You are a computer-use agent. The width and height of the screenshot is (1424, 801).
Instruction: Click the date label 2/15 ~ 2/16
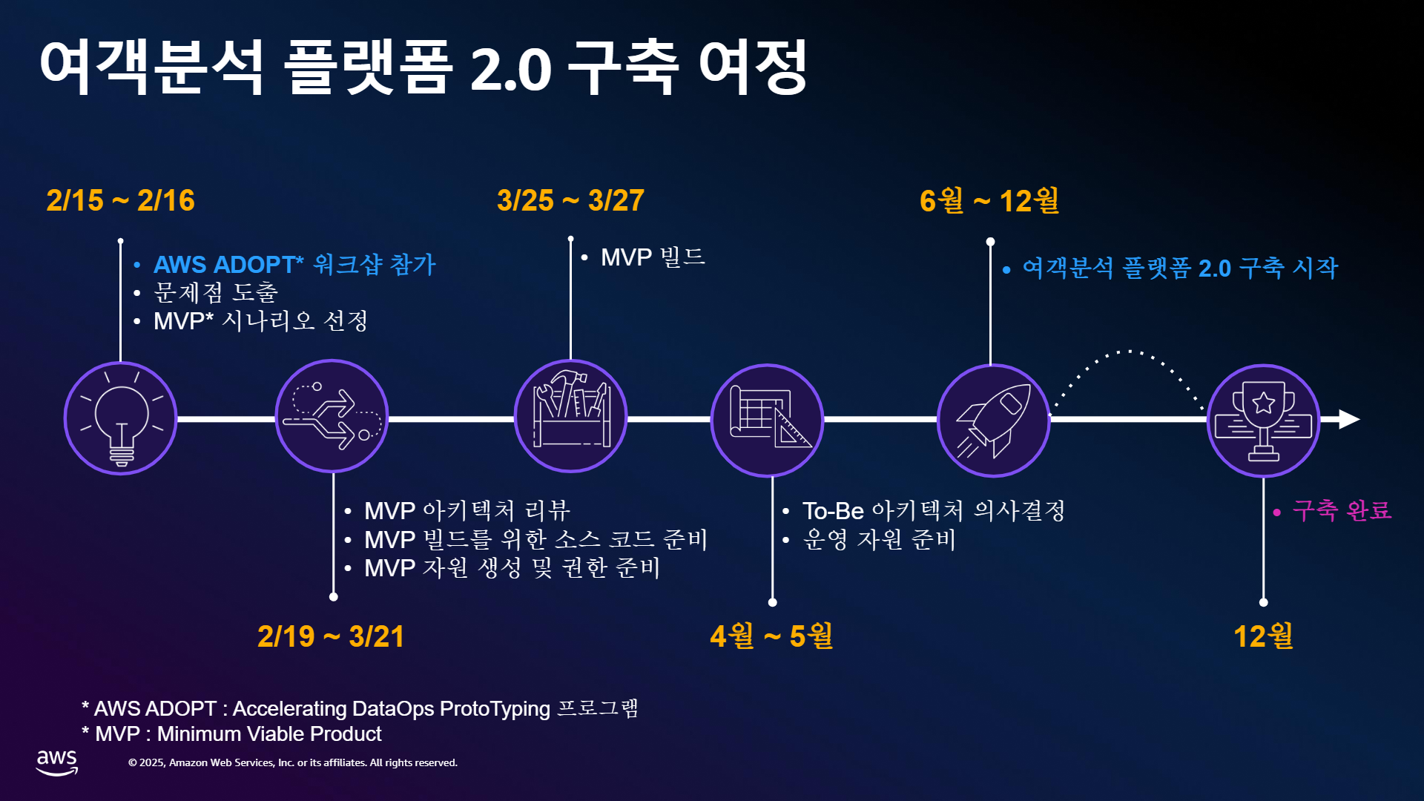[x=120, y=200]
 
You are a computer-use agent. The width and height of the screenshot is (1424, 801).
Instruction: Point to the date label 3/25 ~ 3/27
[x=570, y=200]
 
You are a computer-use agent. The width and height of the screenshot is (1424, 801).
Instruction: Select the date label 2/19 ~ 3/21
[x=331, y=636]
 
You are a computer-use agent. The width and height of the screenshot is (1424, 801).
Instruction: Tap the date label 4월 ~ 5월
[x=771, y=636]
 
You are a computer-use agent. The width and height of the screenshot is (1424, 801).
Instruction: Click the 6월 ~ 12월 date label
[x=989, y=200]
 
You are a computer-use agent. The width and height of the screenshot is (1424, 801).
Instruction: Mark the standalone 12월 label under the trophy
[x=1263, y=636]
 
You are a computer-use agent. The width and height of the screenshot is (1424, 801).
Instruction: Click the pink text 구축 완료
[x=1342, y=510]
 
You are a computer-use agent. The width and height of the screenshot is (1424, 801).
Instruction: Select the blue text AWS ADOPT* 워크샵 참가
[x=294, y=265]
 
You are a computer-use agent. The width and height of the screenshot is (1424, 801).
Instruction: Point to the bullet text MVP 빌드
[x=653, y=257]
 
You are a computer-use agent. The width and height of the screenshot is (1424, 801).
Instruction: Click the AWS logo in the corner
[x=57, y=762]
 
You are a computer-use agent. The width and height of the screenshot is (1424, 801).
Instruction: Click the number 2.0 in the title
[x=510, y=69]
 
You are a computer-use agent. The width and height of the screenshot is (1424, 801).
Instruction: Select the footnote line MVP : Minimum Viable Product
[x=231, y=734]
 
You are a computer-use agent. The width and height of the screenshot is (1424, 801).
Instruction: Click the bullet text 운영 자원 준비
[x=879, y=539]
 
